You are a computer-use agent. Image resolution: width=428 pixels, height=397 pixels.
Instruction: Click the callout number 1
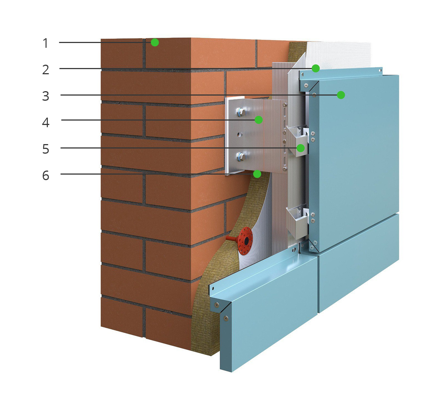[x=45, y=43]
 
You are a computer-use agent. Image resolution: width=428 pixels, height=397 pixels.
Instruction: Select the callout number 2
[x=46, y=69]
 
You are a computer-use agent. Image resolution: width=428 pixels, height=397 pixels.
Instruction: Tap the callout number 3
[x=46, y=96]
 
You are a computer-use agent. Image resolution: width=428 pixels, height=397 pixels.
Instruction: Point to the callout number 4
[x=46, y=122]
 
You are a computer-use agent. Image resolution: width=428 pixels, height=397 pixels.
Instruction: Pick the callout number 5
[x=46, y=149]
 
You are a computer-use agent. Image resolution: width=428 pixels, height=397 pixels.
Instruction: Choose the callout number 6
[x=46, y=175]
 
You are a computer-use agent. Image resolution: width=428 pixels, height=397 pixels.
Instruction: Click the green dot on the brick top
[x=155, y=42]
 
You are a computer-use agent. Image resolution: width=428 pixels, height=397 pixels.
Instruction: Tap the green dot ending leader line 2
[x=315, y=68]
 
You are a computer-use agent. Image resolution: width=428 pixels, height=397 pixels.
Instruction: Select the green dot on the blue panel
[x=341, y=95]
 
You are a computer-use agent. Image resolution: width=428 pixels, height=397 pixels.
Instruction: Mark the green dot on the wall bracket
[x=258, y=120]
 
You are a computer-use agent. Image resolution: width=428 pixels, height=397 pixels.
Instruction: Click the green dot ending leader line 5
[x=301, y=148]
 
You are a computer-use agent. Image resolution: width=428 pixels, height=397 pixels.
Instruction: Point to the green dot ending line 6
[x=257, y=174]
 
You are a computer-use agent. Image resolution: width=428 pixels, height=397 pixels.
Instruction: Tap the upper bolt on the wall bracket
[x=240, y=112]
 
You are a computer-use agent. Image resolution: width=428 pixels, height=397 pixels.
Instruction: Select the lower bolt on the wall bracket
[x=240, y=157]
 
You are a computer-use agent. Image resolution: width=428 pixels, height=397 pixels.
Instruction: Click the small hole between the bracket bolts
[x=239, y=134]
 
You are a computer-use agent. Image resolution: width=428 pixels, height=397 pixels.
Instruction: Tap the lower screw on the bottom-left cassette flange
[x=226, y=318]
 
